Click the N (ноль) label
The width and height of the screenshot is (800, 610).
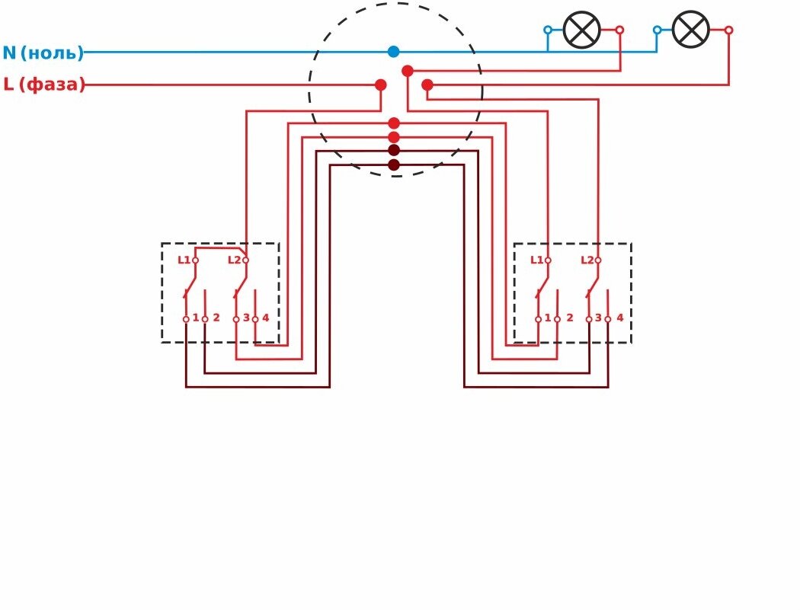coord(43,53)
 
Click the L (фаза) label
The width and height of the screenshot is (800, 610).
coord(44,85)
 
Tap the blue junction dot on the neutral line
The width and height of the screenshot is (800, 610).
coord(393,52)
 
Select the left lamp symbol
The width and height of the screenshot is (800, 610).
coord(582,30)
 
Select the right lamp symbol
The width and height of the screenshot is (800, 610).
coord(691,30)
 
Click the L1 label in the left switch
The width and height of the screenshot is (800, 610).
coord(184,260)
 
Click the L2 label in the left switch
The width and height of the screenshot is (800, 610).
coord(234,260)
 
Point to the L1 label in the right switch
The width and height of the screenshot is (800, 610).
coord(536,260)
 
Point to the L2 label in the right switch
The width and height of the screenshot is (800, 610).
coord(587,260)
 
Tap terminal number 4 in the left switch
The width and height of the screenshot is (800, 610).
coord(265,318)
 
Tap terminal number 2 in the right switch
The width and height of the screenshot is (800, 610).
coord(569,318)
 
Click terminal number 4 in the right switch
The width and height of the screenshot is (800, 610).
coord(619,318)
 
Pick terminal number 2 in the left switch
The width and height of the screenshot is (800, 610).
coord(216,318)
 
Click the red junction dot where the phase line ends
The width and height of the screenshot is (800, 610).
coord(381,85)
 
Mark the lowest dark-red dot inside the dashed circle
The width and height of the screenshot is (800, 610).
coord(394,164)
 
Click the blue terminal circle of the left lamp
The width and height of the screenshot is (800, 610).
coord(548,30)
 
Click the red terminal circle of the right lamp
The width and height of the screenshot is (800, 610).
coord(728,30)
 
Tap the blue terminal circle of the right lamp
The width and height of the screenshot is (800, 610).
coord(657,30)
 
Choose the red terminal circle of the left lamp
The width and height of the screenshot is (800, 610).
coord(619,30)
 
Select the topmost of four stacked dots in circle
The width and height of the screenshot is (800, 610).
coord(394,123)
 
